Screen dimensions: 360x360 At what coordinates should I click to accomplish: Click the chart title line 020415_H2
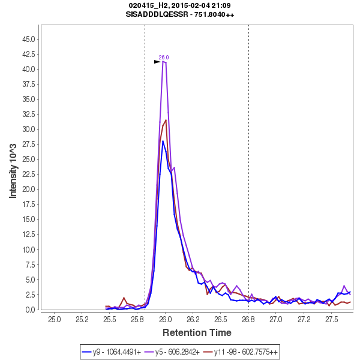coord(181,5)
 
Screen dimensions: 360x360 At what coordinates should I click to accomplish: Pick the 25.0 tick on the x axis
coord(55,319)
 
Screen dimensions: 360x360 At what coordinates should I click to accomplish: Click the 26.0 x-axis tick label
coord(166,319)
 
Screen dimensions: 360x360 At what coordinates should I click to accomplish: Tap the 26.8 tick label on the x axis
coord(248,319)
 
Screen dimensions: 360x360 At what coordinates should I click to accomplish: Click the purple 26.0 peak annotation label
coord(164,58)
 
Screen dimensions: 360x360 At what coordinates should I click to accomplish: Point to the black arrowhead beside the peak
coord(157,62)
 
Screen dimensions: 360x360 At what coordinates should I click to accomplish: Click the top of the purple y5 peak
coord(164,61)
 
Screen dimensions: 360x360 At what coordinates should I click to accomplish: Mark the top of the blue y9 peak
coord(163,141)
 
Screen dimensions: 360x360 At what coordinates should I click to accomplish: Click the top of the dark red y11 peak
coord(166,120)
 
